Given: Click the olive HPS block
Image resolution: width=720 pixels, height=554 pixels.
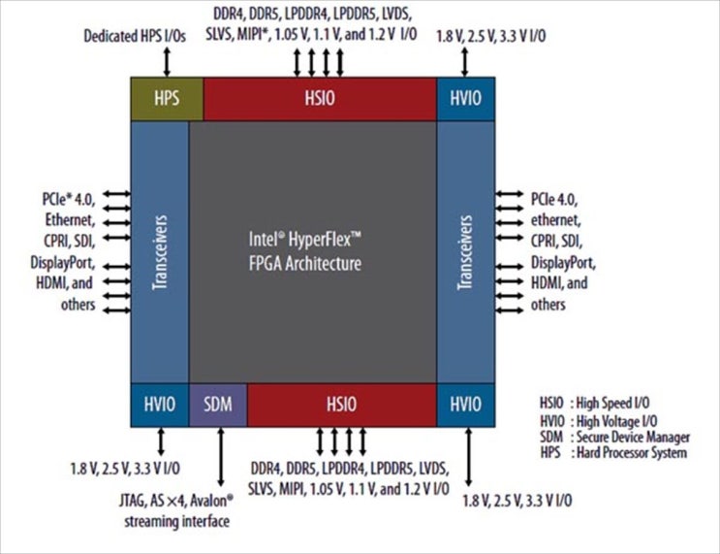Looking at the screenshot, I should pos(167,100).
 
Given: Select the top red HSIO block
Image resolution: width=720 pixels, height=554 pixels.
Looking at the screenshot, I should pos(320,100).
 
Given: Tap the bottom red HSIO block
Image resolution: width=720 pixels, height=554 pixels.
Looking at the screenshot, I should pos(341,405).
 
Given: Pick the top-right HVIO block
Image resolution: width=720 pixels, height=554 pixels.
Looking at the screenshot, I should pos(466,100).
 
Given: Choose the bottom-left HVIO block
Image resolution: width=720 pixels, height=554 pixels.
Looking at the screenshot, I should pos(159,405).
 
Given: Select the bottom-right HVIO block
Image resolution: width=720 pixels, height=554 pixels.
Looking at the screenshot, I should pos(466,405).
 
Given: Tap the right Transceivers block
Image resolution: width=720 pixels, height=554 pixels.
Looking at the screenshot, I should pos(466,252).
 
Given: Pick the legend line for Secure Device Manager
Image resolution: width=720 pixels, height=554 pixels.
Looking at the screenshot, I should pos(611,438).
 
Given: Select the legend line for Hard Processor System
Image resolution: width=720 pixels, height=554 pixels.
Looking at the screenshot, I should pos(611,452).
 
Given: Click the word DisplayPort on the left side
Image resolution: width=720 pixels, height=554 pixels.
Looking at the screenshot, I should pos(62,263).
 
